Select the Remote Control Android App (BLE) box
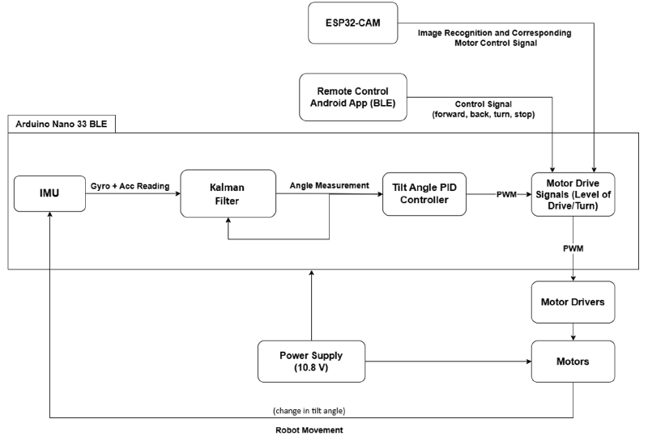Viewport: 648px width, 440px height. pyautogui.click(x=352, y=96)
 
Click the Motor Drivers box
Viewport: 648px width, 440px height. pyautogui.click(x=573, y=301)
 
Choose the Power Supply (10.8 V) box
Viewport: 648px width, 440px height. pyautogui.click(x=311, y=361)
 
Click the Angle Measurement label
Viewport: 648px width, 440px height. pyautogui.click(x=329, y=185)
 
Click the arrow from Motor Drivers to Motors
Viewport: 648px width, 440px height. pyautogui.click(x=574, y=331)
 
